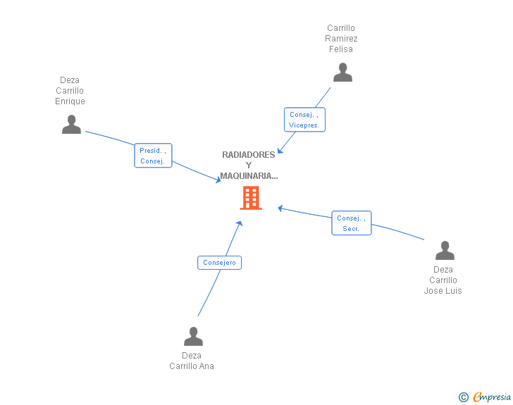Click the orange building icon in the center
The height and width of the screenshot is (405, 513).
tap(251, 198)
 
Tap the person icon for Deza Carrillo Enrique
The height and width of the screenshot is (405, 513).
tap(71, 125)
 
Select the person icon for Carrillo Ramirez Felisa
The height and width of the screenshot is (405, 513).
tap(342, 73)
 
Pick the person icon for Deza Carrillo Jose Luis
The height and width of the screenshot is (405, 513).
tap(445, 251)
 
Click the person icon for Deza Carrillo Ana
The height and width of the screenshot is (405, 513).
tap(193, 337)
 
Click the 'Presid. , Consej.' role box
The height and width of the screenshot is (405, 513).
tap(153, 156)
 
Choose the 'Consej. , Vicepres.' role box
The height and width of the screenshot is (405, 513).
tap(304, 120)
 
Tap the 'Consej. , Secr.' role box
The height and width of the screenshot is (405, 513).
tap(351, 223)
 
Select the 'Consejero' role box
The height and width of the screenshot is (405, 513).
tap(219, 263)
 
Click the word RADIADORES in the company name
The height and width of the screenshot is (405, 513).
tap(249, 155)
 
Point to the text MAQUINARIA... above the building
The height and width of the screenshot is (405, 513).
tap(249, 176)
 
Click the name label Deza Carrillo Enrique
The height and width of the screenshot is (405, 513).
tap(70, 91)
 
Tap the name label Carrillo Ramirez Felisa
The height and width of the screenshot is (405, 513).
tap(341, 39)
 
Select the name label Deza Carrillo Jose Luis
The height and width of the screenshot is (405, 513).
tap(443, 280)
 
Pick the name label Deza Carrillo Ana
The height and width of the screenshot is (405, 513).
tap(192, 361)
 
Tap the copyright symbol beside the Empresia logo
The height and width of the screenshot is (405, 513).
tap(463, 397)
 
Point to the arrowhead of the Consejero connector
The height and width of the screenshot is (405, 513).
tap(240, 223)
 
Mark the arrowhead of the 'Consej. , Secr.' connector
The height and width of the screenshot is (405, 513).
tap(280, 208)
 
